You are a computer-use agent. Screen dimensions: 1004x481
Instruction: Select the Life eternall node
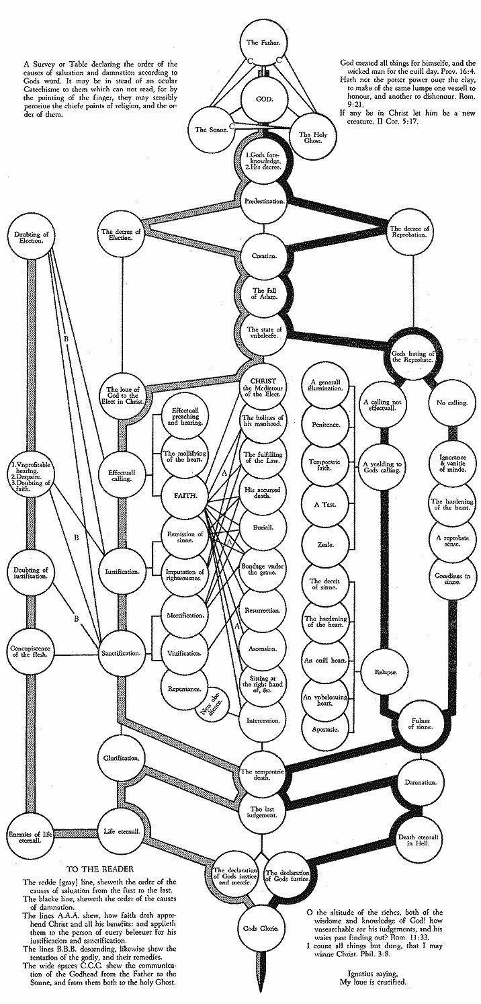[122, 831]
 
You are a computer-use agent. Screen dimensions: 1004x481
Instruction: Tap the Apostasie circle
[326, 728]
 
